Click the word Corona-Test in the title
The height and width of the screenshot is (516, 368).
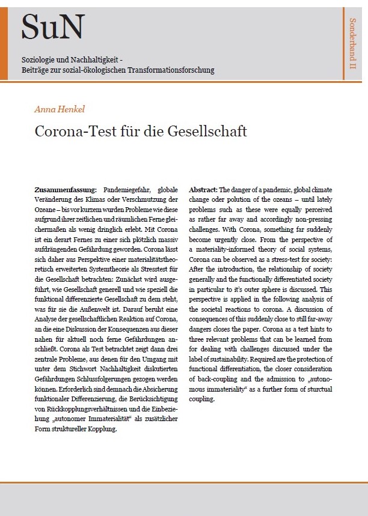point(76,131)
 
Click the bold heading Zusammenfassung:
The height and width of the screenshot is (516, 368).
point(69,189)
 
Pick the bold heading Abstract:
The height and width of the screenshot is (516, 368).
point(203,189)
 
